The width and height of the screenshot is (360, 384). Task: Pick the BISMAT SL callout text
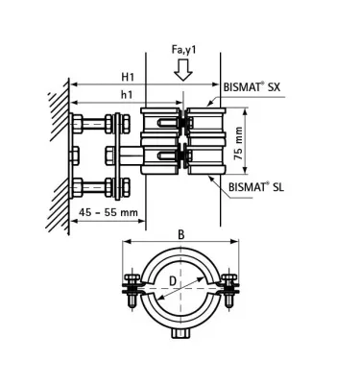click(258, 187)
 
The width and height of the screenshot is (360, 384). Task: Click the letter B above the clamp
click(180, 233)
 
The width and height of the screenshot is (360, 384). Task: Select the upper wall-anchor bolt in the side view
click(96, 124)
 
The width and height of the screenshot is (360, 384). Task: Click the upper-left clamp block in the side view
click(157, 124)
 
